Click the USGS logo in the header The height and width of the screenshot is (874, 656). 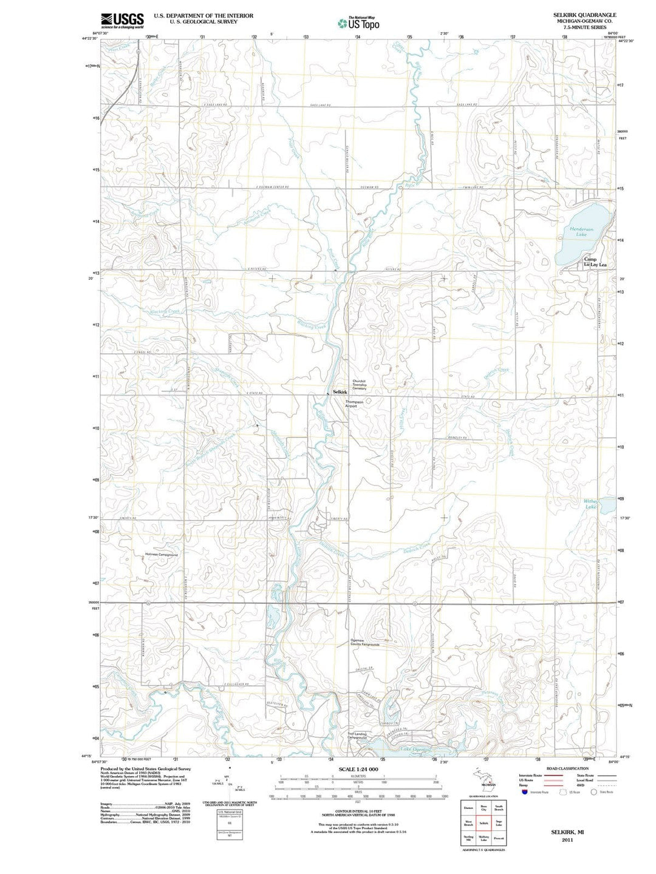[x=122, y=21]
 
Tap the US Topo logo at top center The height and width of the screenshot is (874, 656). [x=359, y=23]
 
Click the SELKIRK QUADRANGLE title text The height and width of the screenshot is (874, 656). [x=584, y=15]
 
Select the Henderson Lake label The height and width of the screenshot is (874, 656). [x=581, y=231]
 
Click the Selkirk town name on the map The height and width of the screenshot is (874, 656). [x=340, y=393]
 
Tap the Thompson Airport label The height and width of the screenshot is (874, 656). [x=354, y=404]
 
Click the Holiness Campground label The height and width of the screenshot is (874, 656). [x=162, y=555]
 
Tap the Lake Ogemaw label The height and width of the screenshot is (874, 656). [x=414, y=749]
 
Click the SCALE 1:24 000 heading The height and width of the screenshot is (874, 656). [x=358, y=769]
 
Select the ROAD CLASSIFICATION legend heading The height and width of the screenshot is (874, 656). [x=568, y=768]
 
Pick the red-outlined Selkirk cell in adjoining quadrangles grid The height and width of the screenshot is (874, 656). [x=483, y=824]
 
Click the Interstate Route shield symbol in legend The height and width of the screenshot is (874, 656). [x=525, y=792]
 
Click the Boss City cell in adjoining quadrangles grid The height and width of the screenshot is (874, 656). [x=483, y=808]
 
